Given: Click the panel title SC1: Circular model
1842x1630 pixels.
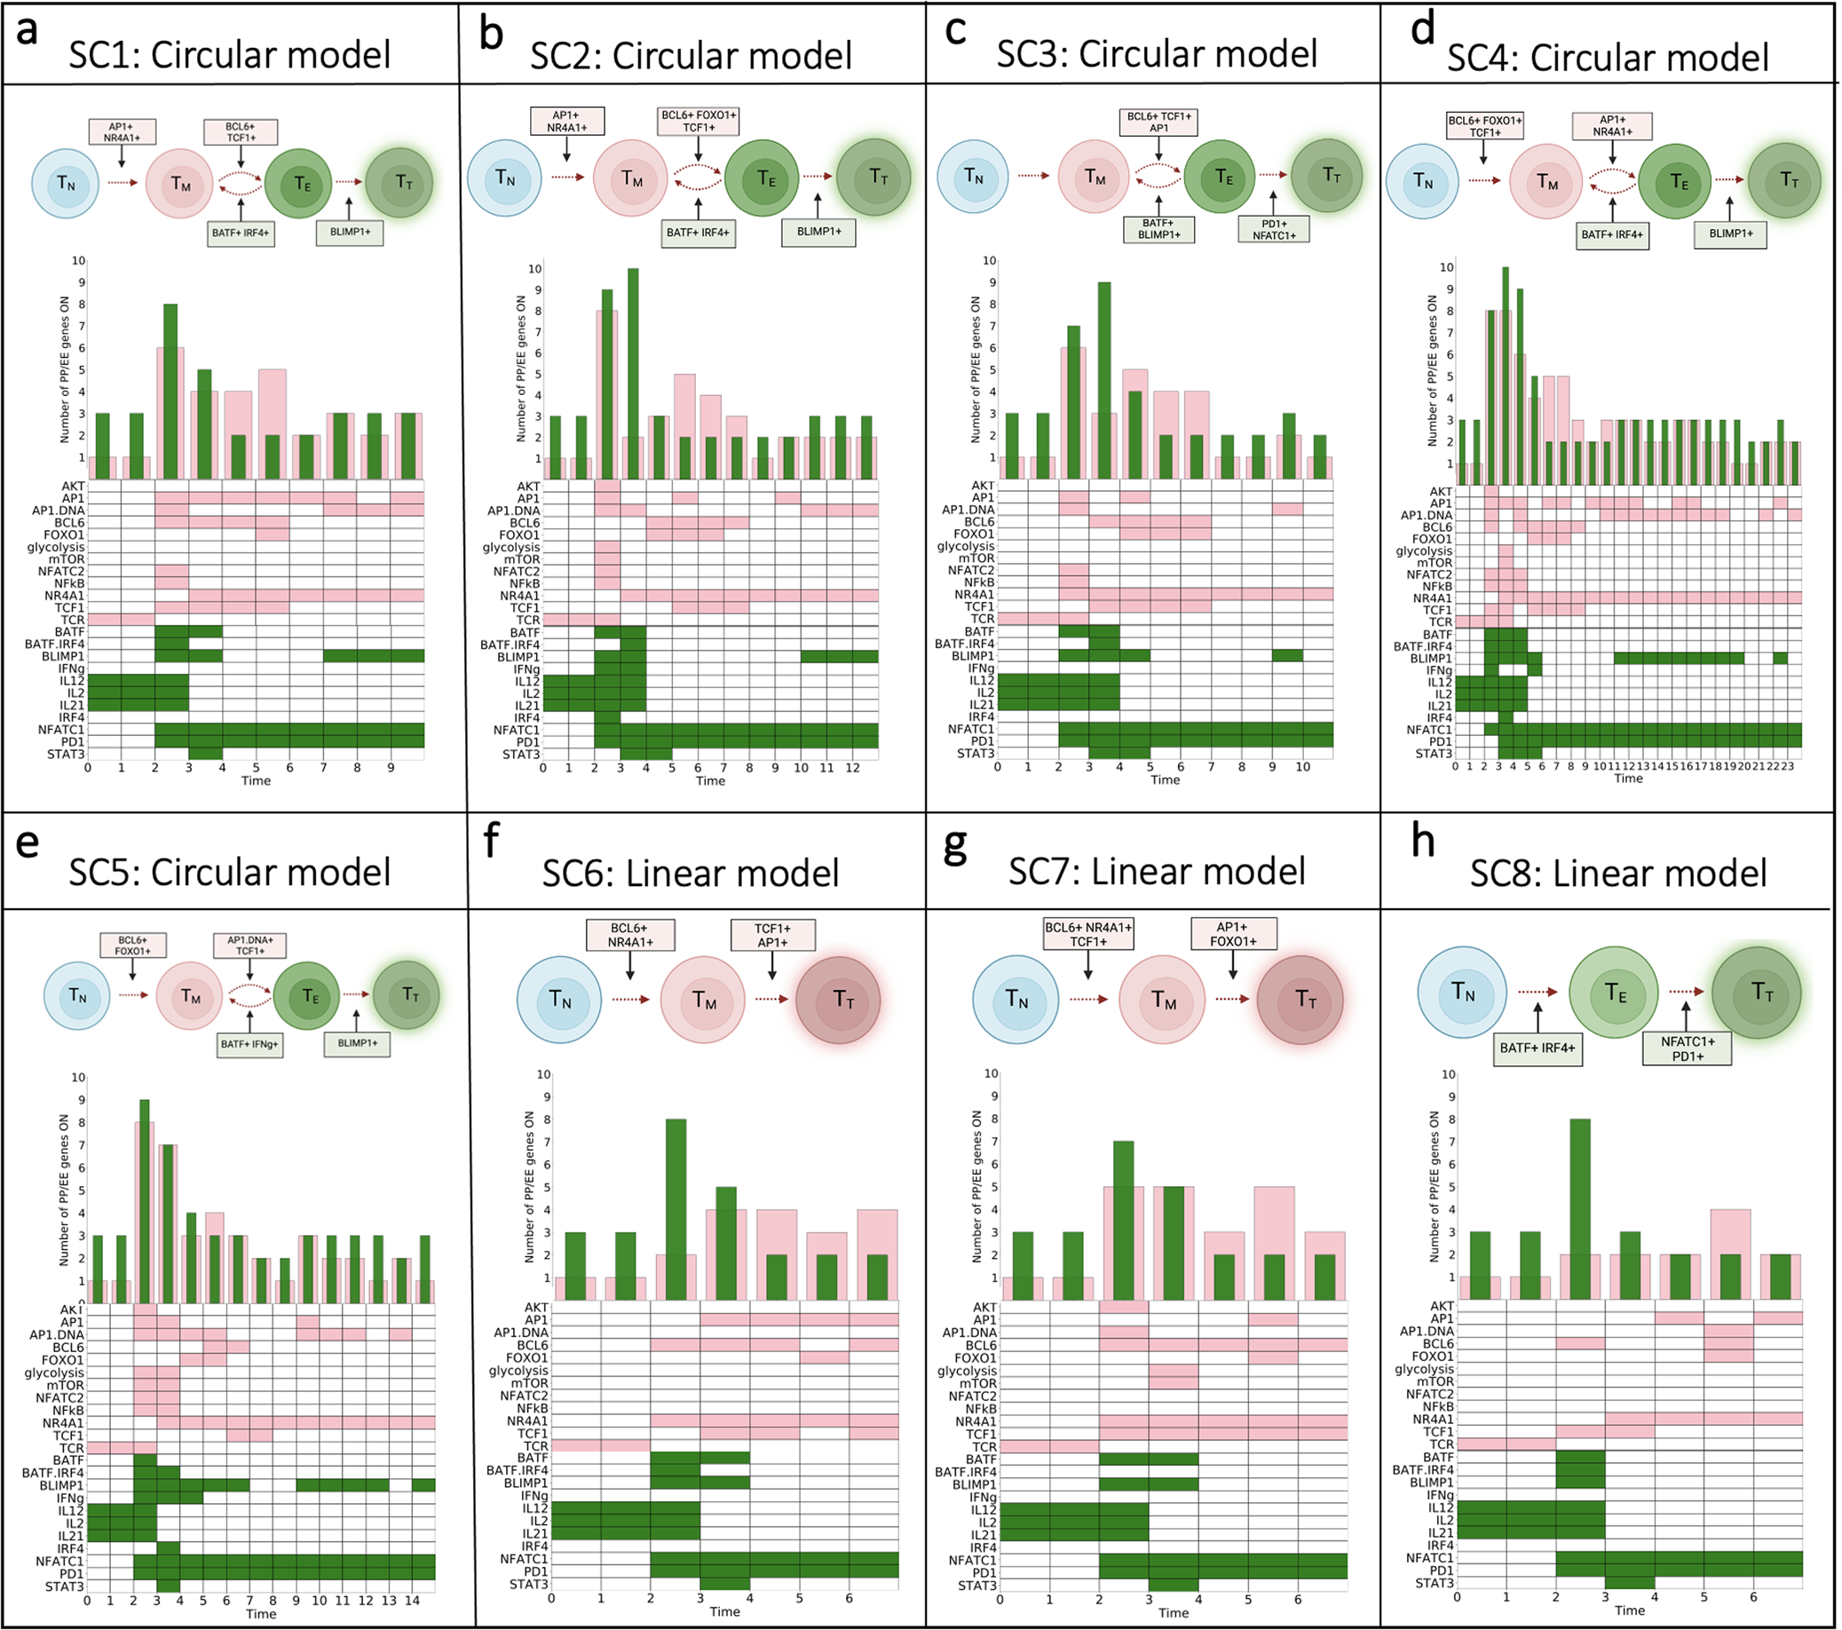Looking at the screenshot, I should [x=230, y=55].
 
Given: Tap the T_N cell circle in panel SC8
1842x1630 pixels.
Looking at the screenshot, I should [x=1463, y=992].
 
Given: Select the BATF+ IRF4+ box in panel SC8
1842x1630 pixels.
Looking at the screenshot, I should [x=1538, y=1048].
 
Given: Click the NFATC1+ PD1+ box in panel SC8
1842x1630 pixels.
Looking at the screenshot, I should [x=1687, y=1048].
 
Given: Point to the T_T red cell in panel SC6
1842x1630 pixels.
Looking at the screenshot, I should [x=839, y=1000].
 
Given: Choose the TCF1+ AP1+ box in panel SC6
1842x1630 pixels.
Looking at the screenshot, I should [x=772, y=935].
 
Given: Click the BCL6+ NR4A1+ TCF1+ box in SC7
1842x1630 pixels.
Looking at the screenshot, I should [x=1087, y=934].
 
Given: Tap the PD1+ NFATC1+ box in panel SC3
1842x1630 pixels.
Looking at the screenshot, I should [x=1273, y=230].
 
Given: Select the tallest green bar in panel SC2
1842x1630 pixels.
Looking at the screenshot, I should [x=633, y=374].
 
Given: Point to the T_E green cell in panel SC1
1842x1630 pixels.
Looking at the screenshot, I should [x=300, y=184].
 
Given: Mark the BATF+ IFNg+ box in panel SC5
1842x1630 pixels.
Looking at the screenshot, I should [x=249, y=1044].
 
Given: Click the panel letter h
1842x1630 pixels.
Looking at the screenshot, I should [x=1422, y=842].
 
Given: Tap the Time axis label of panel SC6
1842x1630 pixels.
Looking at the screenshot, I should [x=723, y=1611].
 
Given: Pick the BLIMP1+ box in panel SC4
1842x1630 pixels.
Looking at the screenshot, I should [x=1730, y=233].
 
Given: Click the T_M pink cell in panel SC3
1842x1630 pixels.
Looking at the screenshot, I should [x=1094, y=177].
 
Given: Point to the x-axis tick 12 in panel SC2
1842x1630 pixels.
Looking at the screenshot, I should [x=852, y=768].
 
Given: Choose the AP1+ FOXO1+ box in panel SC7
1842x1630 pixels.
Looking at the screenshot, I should [x=1233, y=934].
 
